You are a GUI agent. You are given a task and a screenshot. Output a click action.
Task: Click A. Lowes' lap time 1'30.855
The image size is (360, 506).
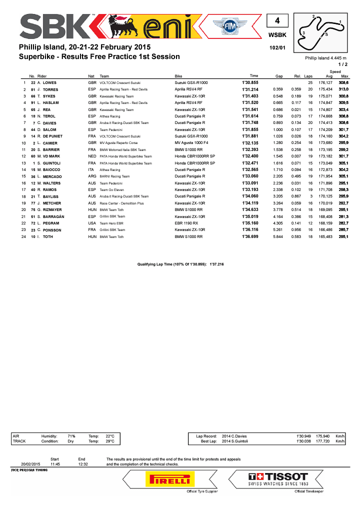[250, 82]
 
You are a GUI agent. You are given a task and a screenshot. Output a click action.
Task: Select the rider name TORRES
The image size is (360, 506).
[50, 89]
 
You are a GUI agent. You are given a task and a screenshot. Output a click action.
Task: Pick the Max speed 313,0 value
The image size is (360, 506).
[343, 89]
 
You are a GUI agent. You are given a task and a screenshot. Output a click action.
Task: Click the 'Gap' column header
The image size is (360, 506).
[279, 75]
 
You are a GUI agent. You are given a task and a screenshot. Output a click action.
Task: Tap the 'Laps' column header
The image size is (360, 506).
[308, 75]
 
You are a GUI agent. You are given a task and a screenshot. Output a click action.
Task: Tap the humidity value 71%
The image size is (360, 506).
[71, 436]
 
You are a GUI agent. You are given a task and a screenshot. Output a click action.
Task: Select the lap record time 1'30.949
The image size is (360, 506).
[304, 436]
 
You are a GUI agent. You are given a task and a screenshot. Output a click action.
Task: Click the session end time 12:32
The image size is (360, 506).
[83, 464]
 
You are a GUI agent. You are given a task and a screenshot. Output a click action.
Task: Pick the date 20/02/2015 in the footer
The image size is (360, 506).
[30, 464]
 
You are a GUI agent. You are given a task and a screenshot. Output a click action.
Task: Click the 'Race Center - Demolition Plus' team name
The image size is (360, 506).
[120, 203]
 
